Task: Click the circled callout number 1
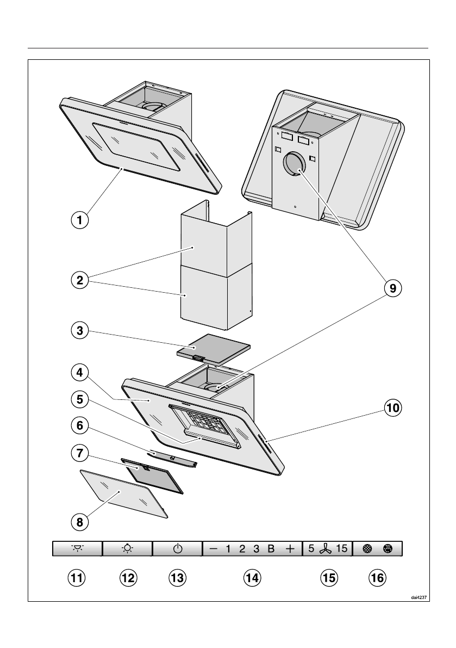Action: pyautogui.click(x=80, y=220)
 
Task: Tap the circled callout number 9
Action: pyautogui.click(x=392, y=288)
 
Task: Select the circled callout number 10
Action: pyautogui.click(x=392, y=408)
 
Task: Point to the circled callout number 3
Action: pyautogui.click(x=80, y=331)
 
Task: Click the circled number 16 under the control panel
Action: pyautogui.click(x=378, y=577)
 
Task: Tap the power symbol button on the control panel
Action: pyautogui.click(x=177, y=549)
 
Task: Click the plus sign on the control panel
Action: pyautogui.click(x=290, y=549)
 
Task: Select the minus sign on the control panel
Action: pyautogui.click(x=214, y=549)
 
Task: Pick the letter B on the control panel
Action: pyautogui.click(x=271, y=549)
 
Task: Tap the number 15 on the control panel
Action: pyautogui.click(x=342, y=549)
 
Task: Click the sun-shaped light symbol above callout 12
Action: pyautogui.click(x=128, y=549)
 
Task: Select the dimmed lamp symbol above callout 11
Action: pyautogui.click(x=77, y=548)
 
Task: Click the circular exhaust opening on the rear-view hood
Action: pyautogui.click(x=294, y=164)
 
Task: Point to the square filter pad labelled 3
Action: pyautogui.click(x=213, y=347)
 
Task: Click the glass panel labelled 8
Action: pyautogui.click(x=124, y=493)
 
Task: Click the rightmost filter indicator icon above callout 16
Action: pyautogui.click(x=387, y=549)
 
